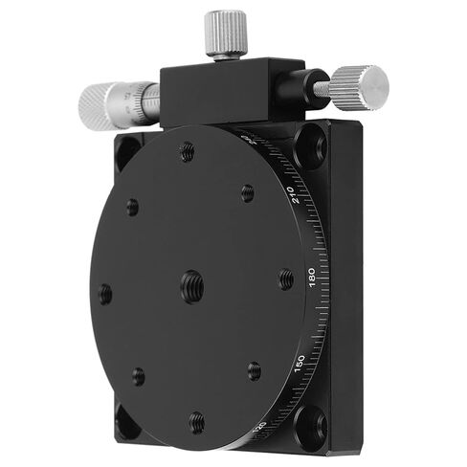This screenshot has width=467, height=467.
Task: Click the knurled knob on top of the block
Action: pos(227,29)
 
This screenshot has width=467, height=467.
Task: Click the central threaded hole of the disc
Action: pos(192,283)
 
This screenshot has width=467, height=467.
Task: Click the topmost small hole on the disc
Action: pos(188,150)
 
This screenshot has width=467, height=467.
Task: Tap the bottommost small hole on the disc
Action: pos(196,419)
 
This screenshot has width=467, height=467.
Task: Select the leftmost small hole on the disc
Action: pos(105,292)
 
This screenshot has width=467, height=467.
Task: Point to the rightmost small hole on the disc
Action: pos(285,279)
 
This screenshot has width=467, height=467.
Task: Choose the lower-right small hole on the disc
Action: pos(255,369)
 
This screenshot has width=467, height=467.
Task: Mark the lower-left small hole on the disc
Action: pos(138,375)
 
